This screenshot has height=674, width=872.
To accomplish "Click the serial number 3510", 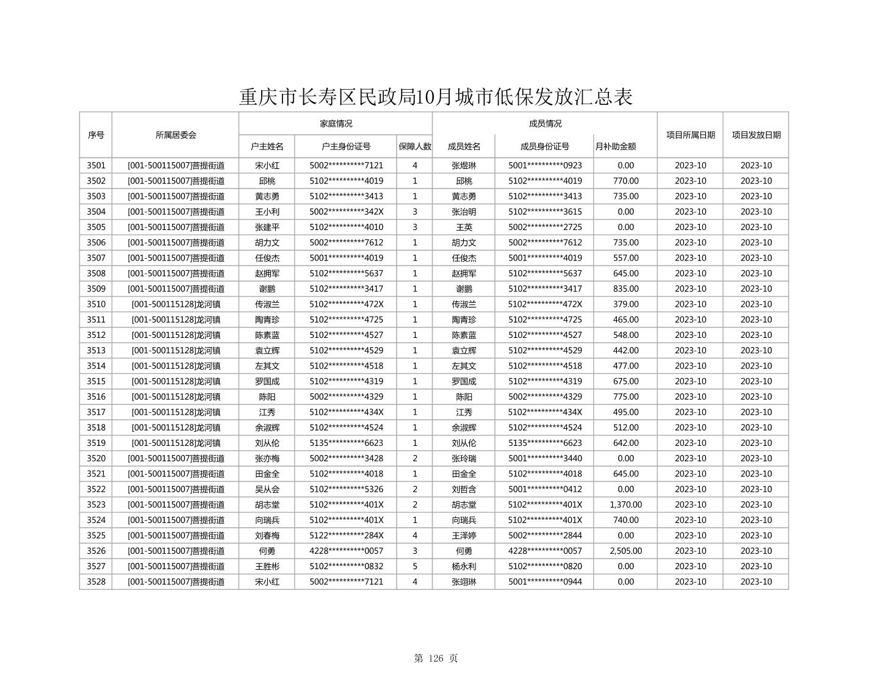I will [x=96, y=304].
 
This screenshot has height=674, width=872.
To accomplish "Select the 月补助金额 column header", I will [x=616, y=146].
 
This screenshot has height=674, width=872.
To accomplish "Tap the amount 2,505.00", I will [x=625, y=551].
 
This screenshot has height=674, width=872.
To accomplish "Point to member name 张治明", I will [x=464, y=212].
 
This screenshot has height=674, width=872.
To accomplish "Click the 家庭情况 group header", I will [x=336, y=124].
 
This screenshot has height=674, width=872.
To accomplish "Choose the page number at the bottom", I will [x=436, y=658].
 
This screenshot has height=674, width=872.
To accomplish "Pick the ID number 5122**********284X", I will [x=346, y=536].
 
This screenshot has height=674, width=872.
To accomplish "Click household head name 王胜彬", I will [x=267, y=566].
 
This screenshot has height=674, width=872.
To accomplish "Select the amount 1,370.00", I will [x=625, y=504].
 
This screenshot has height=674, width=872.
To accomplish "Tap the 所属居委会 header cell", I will [x=176, y=135].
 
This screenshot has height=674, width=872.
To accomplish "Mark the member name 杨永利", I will [x=464, y=566].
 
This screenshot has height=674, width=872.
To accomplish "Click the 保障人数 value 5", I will [x=415, y=566].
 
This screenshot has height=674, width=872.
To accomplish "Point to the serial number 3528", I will [x=96, y=582].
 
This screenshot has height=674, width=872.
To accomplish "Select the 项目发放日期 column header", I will [x=756, y=135].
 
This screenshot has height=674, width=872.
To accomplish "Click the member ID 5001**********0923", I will [x=545, y=165].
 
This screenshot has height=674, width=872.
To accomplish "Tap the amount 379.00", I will [x=625, y=304].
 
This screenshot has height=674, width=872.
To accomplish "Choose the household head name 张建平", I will [x=267, y=227].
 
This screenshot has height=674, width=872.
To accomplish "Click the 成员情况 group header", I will [x=545, y=124].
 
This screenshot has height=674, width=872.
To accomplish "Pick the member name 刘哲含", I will [x=464, y=489].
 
